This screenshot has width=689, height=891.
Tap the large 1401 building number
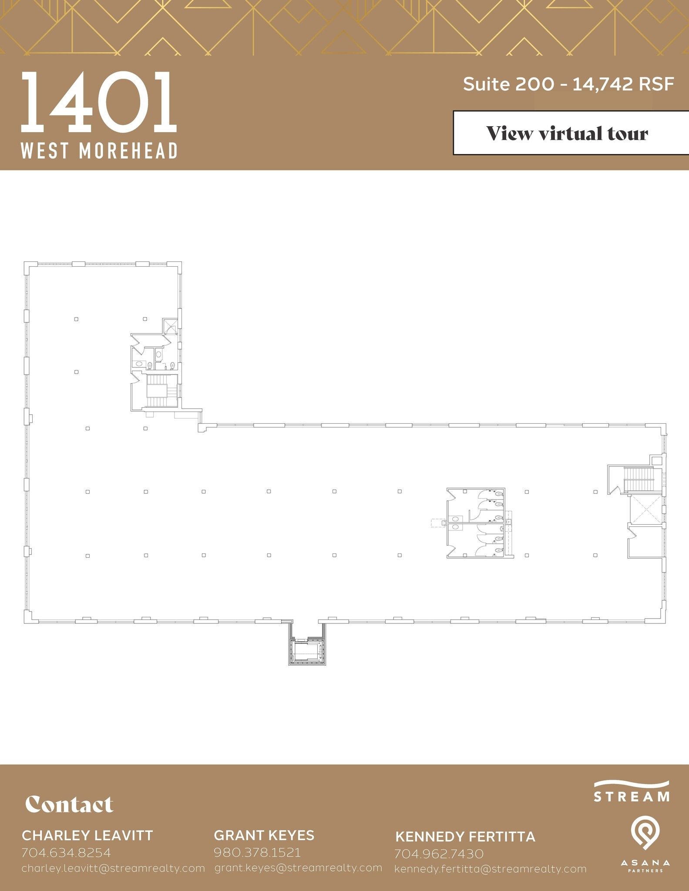pos(99,103)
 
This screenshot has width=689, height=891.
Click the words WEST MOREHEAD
pos(99,151)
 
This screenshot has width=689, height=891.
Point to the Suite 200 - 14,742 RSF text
pos(568,84)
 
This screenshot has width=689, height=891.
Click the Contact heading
pos(69,804)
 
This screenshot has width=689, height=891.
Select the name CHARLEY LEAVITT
pos(87,835)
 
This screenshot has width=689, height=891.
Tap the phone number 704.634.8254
pos(66,852)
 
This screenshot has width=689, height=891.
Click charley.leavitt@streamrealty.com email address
pos(113,868)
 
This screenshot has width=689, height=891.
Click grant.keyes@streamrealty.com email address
pos(298,868)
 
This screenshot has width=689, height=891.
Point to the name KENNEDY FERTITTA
pos(465,836)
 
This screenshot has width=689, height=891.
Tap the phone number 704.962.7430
pos(439,854)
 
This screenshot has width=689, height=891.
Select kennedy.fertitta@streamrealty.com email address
pos(490,869)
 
